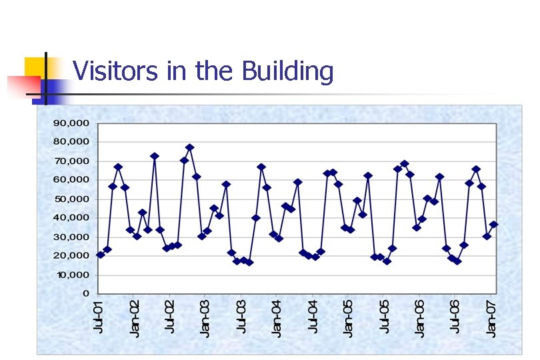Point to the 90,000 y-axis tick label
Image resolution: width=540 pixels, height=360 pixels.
71,123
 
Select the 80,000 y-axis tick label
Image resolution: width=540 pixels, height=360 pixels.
71,142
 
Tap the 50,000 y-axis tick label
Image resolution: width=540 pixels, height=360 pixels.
71,199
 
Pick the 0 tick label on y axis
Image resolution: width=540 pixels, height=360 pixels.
85,293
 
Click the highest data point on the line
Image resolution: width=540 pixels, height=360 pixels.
189,147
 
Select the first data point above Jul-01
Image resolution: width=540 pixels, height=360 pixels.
100,255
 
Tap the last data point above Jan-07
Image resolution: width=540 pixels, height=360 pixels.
493,225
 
